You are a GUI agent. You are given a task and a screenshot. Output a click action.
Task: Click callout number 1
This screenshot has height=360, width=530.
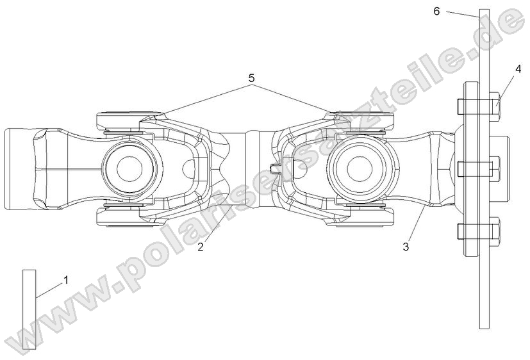click(x=65, y=280)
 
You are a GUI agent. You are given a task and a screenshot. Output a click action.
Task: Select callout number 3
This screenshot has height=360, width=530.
click(x=406, y=245)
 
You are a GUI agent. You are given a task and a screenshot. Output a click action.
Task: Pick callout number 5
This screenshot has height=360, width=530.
click(x=251, y=78)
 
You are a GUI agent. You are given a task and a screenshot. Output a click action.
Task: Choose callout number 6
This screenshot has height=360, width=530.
click(x=436, y=12)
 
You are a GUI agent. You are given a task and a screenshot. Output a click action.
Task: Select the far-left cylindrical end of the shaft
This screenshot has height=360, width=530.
click(x=19, y=168)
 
